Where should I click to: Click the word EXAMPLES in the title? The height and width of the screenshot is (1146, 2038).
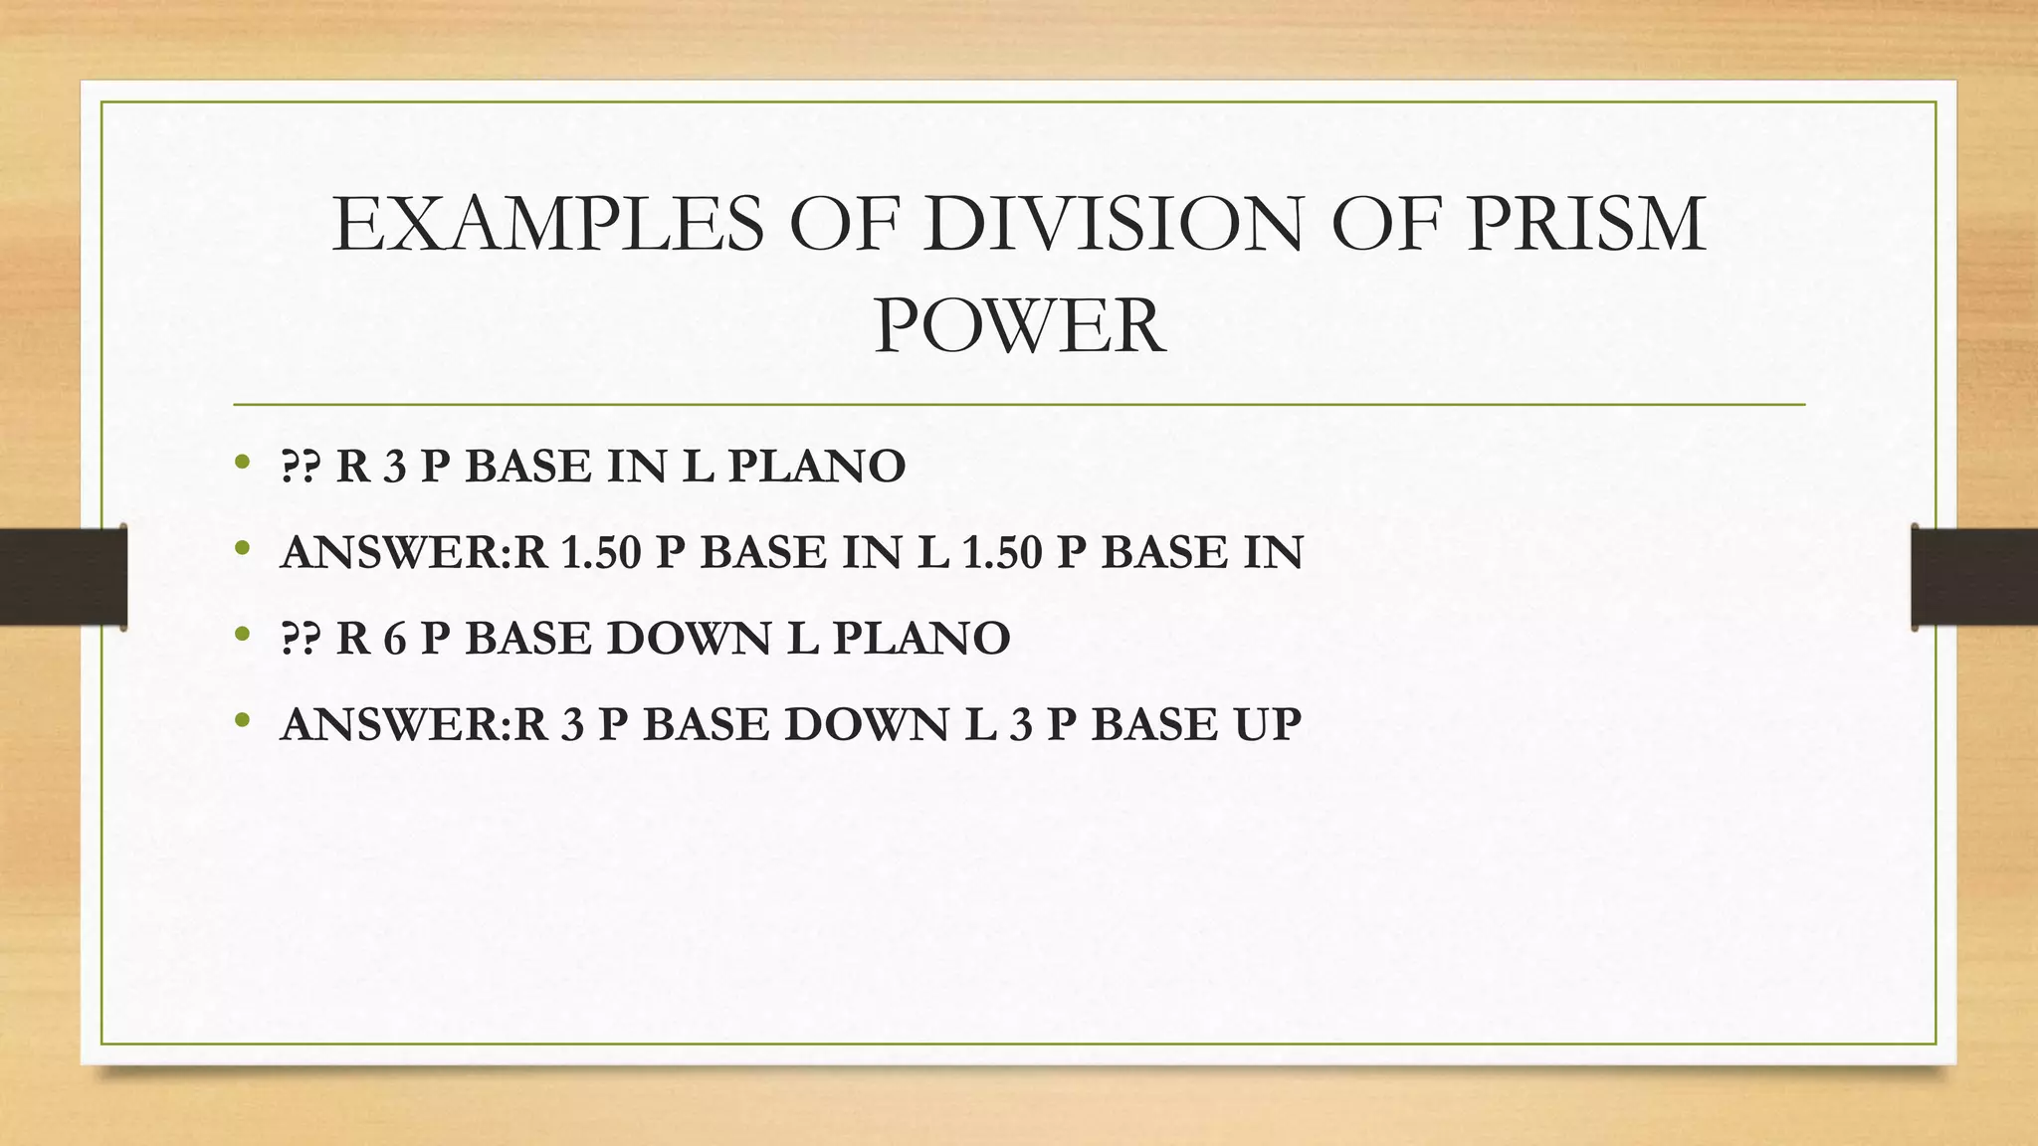[548, 225]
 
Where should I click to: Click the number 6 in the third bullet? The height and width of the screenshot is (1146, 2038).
[395, 639]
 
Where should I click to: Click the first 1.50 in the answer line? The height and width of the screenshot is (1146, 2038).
[601, 553]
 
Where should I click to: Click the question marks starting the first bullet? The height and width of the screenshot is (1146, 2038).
[301, 467]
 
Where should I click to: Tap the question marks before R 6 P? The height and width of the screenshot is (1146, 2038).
[301, 639]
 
